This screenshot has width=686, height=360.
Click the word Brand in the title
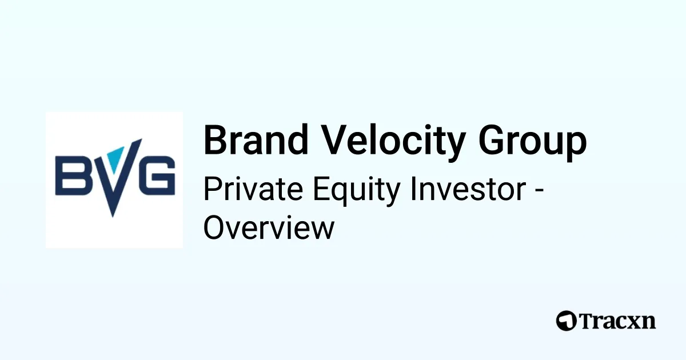click(256, 140)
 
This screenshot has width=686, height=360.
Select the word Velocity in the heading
click(393, 142)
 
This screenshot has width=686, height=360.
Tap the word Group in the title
click(533, 142)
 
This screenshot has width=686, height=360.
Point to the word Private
click(253, 189)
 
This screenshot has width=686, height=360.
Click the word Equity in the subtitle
click(357, 191)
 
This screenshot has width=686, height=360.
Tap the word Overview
click(269, 227)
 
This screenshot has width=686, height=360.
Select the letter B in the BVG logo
click(71, 175)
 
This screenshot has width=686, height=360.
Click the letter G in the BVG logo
click(157, 175)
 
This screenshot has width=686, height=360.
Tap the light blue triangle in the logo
click(115, 159)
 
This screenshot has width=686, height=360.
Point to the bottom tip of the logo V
click(113, 217)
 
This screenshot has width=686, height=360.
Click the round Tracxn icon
click(567, 321)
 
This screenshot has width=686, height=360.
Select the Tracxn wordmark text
click(617, 321)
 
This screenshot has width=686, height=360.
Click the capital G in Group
click(492, 139)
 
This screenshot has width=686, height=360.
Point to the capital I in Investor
click(413, 189)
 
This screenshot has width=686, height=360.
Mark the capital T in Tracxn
click(587, 321)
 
